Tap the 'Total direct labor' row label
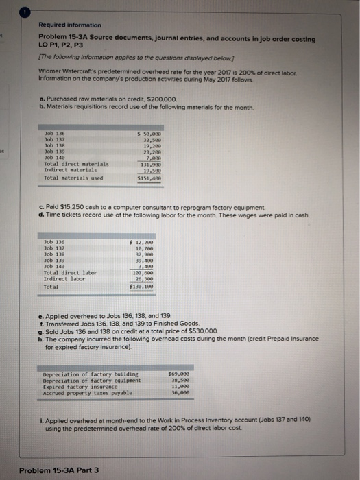(x=70, y=272)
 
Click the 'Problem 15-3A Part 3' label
(x=58, y=470)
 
